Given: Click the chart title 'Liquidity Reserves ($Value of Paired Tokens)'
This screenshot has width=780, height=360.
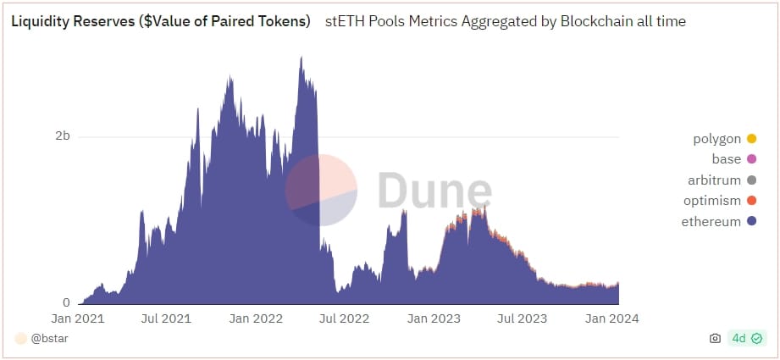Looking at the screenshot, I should click(160, 21).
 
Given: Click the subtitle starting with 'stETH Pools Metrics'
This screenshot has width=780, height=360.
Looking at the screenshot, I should click(505, 21).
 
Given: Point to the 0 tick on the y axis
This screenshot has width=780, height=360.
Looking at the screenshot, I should click(65, 302).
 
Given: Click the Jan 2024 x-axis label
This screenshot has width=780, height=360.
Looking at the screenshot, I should click(612, 318).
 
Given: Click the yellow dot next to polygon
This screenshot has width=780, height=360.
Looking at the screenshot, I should click(751, 139).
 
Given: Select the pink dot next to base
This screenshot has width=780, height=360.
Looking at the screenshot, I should click(751, 159).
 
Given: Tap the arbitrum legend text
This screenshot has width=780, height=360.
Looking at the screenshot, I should click(715, 180).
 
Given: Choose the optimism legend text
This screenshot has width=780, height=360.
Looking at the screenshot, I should click(712, 201).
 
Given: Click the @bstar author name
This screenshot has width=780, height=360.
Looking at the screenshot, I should click(50, 339).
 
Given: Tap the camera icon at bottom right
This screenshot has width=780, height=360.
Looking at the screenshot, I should click(715, 339).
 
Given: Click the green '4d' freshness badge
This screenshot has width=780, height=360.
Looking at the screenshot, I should click(747, 339).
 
